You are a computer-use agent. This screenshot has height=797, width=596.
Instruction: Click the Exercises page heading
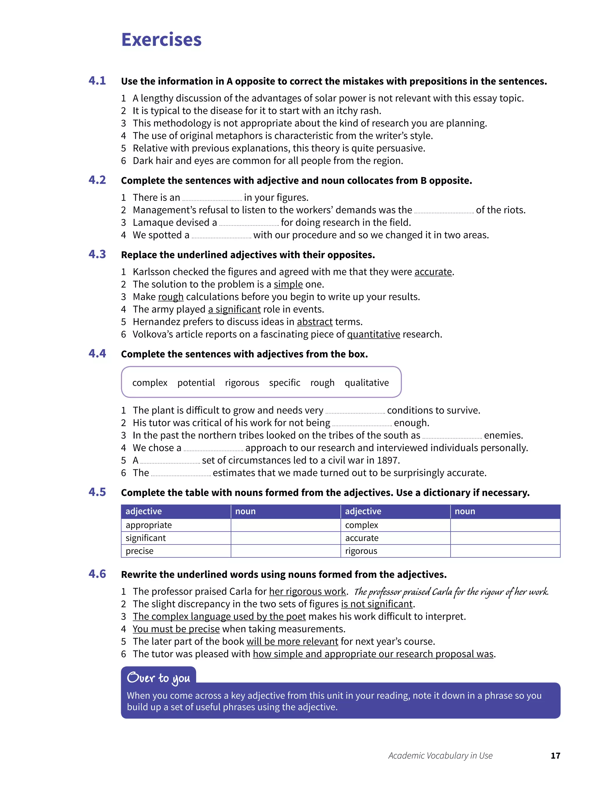pos(161,39)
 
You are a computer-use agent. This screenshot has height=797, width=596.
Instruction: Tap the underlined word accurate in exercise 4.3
pos(433,272)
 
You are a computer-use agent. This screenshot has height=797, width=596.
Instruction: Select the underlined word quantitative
pos(373,334)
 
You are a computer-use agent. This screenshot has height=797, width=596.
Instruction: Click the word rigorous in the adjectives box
pos(242,383)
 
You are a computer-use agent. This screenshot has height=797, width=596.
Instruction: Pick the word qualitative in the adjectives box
pos(367,383)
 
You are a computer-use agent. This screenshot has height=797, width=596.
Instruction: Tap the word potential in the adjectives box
pos(196,383)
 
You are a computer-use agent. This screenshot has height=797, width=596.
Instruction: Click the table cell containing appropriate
pos(176,525)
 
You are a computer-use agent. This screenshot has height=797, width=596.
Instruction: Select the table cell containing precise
pos(176,551)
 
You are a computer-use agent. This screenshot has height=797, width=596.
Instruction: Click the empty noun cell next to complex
pos(505,525)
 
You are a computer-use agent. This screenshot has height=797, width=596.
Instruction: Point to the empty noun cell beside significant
pos(285,538)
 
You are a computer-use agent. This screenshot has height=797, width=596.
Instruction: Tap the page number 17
pos(555,756)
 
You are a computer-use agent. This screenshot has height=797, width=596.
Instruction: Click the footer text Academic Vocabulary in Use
pos(440,756)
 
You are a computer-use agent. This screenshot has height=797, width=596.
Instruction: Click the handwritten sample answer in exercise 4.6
pos(451,592)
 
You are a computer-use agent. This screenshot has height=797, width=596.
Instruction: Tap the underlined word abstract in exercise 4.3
pos(314,322)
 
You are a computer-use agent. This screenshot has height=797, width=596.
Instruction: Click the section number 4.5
pos(97,492)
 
